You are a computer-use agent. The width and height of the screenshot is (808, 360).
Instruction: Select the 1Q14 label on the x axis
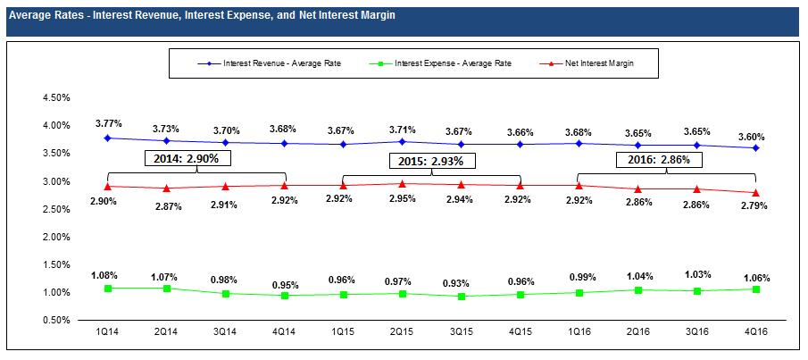coord(107,332)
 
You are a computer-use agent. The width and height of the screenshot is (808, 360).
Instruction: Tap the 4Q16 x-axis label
coord(755,332)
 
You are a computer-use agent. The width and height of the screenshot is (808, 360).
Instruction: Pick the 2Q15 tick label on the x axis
coord(402,332)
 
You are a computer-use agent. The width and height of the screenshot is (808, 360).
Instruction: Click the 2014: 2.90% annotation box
coord(189,158)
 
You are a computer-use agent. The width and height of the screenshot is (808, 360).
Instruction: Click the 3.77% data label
coord(107,123)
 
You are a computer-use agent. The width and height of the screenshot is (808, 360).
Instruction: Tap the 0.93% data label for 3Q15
coord(461,282)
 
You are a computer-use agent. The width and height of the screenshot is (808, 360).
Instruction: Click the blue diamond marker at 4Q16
coord(755,147)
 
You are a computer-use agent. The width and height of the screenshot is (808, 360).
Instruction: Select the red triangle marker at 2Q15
coord(402,184)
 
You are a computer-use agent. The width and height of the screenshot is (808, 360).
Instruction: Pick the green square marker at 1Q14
coord(107,288)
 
